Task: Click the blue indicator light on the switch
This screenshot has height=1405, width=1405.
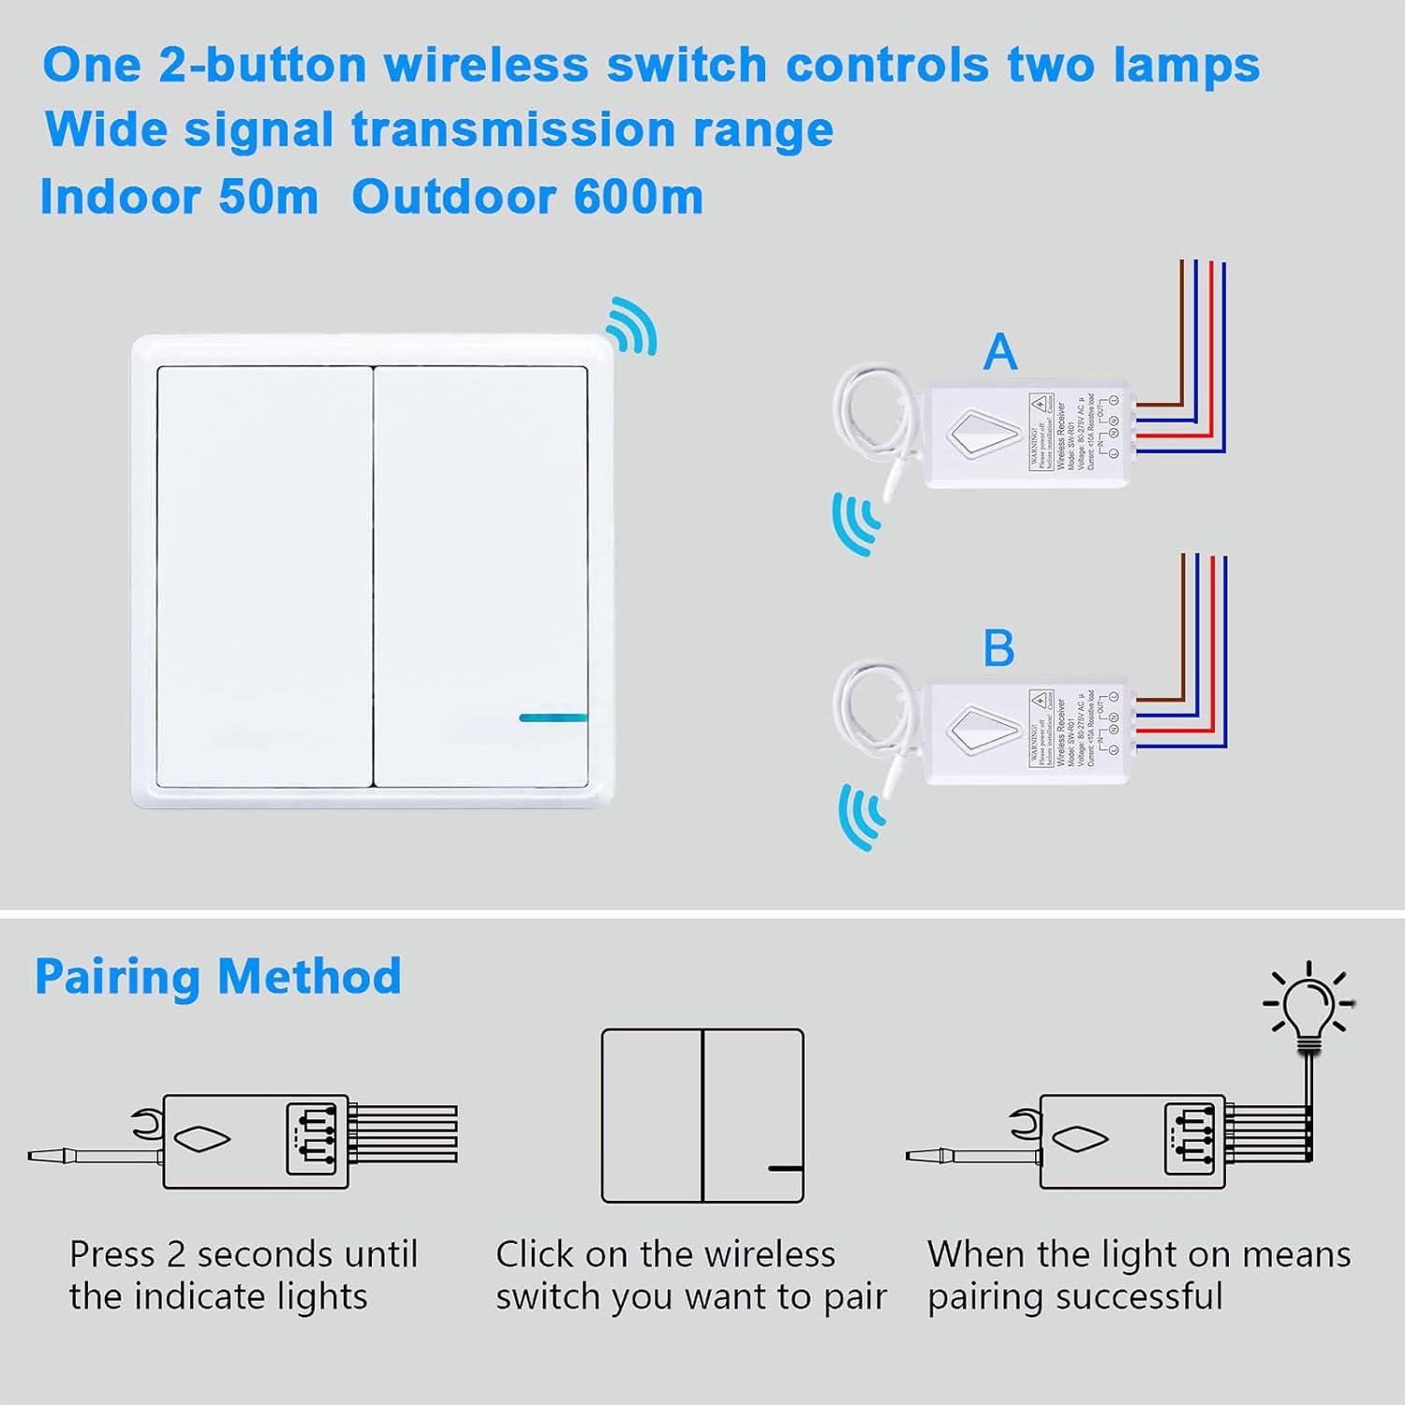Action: coord(553,717)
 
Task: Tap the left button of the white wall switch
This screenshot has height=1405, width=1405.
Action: coord(265,576)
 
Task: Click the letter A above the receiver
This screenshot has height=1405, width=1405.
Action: coord(1000,352)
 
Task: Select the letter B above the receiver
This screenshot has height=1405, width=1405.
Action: coord(998,648)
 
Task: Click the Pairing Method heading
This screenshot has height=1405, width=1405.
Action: coord(218,976)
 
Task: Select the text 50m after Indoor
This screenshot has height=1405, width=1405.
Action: coord(268,197)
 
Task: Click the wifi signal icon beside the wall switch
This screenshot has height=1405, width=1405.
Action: coord(631,326)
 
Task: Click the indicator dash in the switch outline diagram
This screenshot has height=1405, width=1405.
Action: coord(784,1168)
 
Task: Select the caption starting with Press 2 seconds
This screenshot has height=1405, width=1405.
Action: coord(243,1275)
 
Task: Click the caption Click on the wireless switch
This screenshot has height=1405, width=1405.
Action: coord(690,1275)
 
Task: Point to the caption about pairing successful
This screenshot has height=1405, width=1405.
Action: coord(1138,1275)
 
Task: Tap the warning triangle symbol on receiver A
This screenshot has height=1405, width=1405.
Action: coord(1041,405)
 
